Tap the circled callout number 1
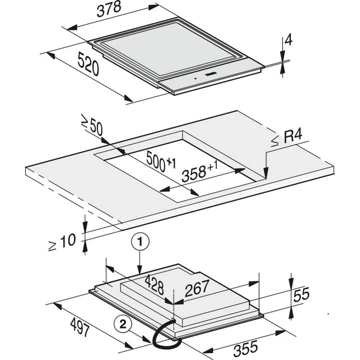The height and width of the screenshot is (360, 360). [x=141, y=241]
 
